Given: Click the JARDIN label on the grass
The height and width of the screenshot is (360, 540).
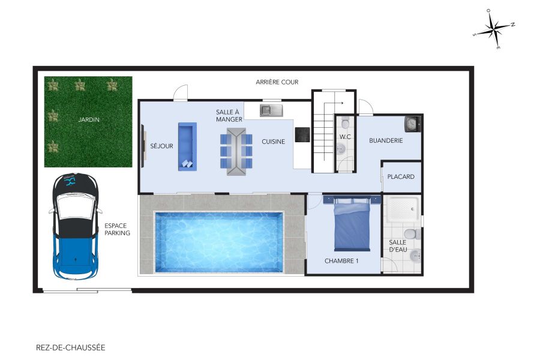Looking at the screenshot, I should tap(88, 119).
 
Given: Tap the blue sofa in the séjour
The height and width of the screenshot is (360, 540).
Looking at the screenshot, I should tap(187, 146).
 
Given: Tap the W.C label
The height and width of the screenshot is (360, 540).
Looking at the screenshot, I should tap(345, 137).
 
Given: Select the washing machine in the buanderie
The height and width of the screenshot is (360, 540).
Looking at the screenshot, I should tap(412, 124).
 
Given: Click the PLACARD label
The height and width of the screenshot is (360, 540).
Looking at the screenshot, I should tap(401, 177).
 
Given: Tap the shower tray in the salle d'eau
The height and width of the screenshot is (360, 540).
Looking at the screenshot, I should tap(403, 211).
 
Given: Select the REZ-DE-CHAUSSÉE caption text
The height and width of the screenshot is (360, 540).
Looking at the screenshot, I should tap(70, 347).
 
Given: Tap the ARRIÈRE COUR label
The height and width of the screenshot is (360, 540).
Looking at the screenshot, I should tap(277, 82).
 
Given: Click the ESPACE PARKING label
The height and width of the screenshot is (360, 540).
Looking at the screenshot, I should tap(117, 229).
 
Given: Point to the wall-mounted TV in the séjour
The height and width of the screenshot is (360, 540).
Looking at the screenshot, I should tap(143, 146).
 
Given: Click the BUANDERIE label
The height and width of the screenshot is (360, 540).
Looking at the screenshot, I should tap(386, 140).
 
